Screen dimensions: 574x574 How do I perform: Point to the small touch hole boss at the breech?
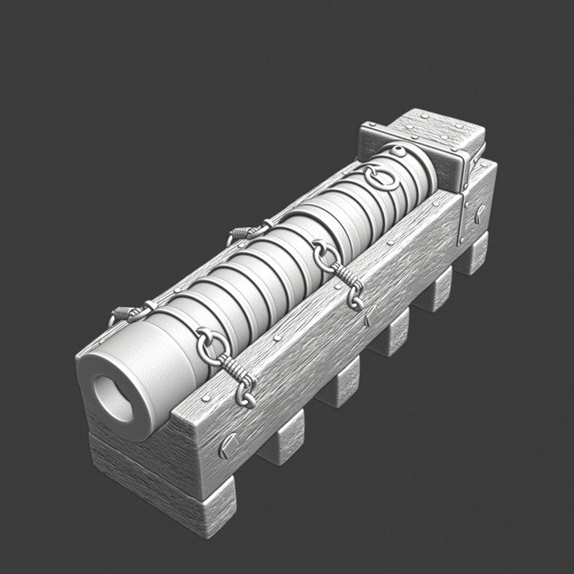(x=396, y=151)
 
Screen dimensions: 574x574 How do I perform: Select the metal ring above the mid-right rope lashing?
(x=321, y=254)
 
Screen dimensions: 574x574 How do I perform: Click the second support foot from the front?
(x=283, y=446)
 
